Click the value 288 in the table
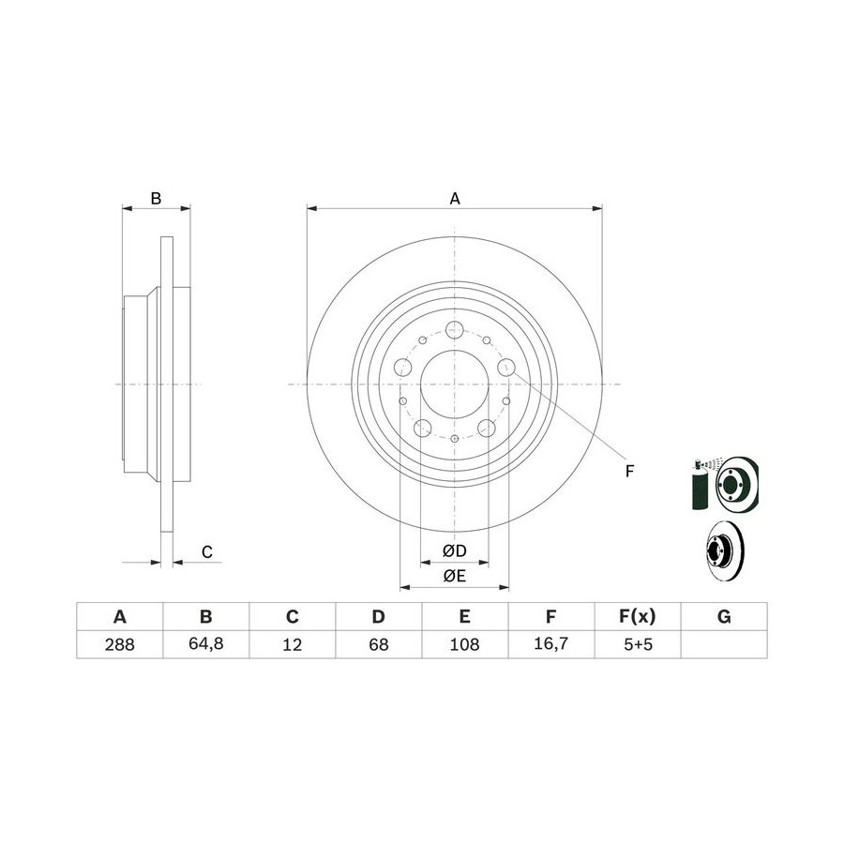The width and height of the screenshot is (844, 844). [x=119, y=643]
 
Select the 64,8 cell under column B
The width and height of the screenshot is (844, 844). [x=205, y=643]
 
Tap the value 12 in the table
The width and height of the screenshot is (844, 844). [x=293, y=643]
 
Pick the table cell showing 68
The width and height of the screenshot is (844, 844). [x=379, y=643]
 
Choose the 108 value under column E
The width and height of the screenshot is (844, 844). [x=464, y=643]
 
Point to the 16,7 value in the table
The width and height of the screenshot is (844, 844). [x=550, y=643]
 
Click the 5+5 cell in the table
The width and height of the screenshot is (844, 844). [x=638, y=643]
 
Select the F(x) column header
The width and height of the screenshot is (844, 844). [x=638, y=616]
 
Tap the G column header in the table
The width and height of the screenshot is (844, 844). [x=724, y=616]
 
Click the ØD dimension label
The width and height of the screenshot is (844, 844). [x=454, y=550]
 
